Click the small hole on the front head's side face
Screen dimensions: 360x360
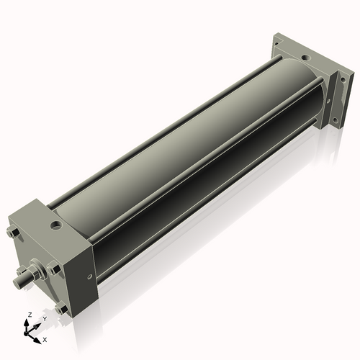point(89,275)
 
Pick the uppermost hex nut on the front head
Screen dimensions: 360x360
point(14,232)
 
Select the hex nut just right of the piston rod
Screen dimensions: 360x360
point(53,271)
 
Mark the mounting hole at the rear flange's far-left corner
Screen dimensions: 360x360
point(277,46)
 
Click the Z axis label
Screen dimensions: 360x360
point(29,315)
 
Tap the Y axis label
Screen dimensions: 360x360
point(44,318)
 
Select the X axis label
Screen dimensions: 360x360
point(45,338)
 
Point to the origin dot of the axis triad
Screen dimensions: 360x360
point(30,330)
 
